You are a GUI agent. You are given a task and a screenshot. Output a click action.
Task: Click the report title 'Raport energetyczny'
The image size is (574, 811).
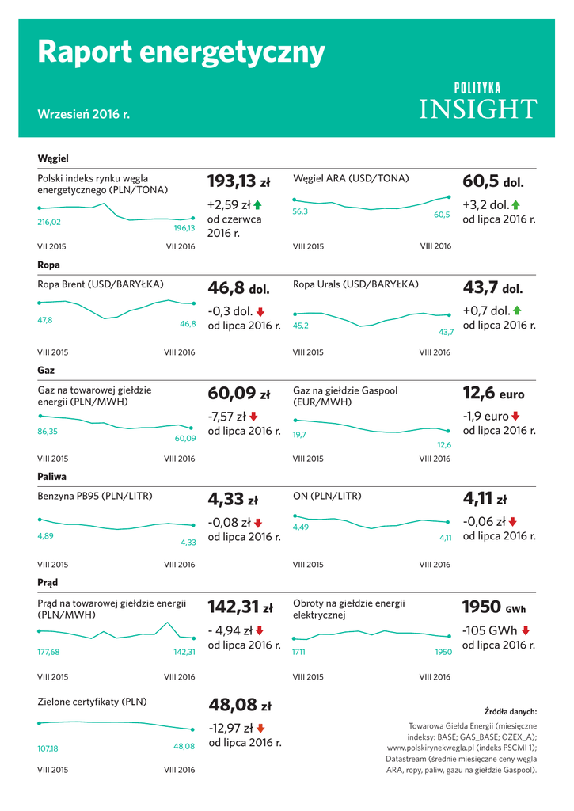click(181, 52)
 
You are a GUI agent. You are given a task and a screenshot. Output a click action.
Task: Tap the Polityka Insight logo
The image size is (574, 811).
click(477, 101)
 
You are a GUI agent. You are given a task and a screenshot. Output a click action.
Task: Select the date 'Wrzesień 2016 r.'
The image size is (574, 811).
click(83, 114)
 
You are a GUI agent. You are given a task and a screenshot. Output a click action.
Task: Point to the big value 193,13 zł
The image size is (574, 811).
click(238, 181)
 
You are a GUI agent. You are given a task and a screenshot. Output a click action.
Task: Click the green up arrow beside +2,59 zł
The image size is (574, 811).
click(257, 205)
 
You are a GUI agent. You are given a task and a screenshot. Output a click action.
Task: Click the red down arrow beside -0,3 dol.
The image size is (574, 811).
click(260, 311)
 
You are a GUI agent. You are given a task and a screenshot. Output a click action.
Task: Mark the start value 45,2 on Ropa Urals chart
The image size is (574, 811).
click(301, 326)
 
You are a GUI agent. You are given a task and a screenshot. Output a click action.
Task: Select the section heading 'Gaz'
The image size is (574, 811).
click(47, 370)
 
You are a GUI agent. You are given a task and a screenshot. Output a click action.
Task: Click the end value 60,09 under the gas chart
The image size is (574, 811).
click(185, 438)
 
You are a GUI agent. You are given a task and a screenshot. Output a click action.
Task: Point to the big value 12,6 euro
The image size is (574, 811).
click(492, 394)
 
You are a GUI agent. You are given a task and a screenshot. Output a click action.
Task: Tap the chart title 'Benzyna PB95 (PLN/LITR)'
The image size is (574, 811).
click(95, 497)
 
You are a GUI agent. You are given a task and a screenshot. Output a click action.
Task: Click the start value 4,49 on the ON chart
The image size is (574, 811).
click(301, 527)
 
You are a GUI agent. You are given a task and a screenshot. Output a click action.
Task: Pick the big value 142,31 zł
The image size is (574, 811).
click(240, 607)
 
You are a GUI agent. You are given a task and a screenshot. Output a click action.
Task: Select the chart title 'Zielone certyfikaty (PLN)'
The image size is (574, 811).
click(93, 702)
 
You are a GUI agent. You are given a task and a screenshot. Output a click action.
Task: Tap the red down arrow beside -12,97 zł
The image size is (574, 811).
click(261, 728)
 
